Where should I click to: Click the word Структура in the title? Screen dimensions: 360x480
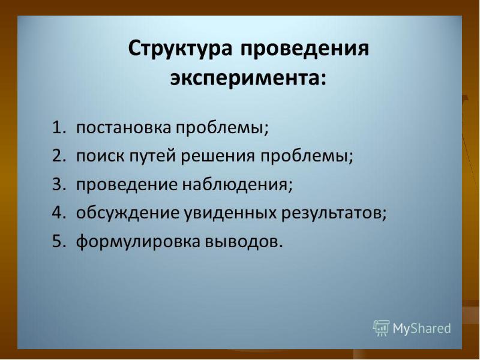click(181, 50)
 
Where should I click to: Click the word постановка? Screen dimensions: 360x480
click(124, 128)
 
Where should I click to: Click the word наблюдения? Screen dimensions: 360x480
click(246, 185)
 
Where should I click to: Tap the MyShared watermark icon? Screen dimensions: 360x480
click(382, 328)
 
